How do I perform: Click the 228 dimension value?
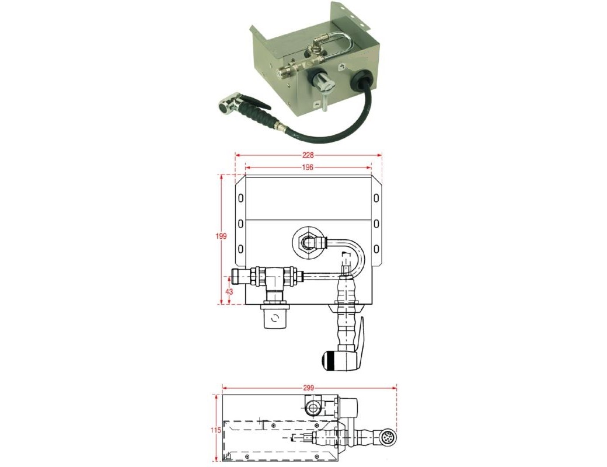point(308,155)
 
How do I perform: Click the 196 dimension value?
point(308,168)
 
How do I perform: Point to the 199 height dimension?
point(221,236)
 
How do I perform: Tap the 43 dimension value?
point(229,291)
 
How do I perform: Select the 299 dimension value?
point(309,387)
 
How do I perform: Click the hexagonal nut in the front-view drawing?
point(308,243)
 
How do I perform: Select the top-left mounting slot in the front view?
point(240,198)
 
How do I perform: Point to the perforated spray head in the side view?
point(387,438)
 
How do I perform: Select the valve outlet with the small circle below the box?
point(275,316)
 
